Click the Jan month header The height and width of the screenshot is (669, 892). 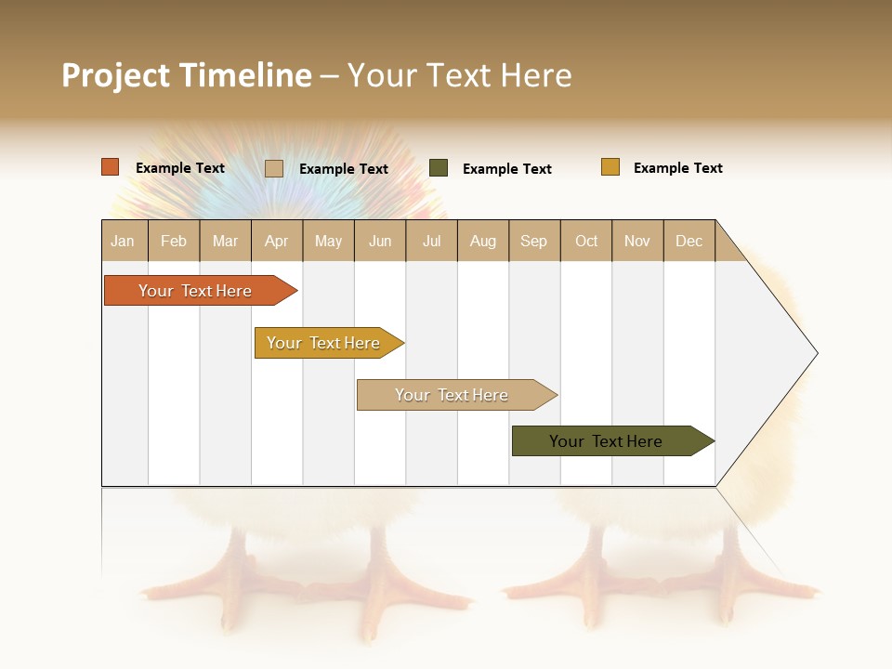click(x=124, y=241)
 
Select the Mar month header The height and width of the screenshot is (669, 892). click(x=225, y=241)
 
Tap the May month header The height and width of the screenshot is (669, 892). click(x=328, y=241)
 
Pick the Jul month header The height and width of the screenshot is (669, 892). click(x=431, y=241)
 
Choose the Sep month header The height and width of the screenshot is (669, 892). click(x=533, y=241)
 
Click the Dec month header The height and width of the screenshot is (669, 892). click(x=689, y=241)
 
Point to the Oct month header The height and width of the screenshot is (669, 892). click(x=586, y=241)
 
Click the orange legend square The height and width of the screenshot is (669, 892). click(x=111, y=167)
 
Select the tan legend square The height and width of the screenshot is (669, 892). click(x=274, y=168)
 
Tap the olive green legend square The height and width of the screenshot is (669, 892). click(x=439, y=168)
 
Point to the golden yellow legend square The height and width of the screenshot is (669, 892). click(x=610, y=167)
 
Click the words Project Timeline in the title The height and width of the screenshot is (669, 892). click(x=187, y=75)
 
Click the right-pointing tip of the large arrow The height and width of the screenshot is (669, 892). click(x=815, y=353)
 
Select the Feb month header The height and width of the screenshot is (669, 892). click(x=174, y=241)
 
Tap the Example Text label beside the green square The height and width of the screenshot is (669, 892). click(x=506, y=169)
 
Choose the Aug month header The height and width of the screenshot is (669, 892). click(x=482, y=241)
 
